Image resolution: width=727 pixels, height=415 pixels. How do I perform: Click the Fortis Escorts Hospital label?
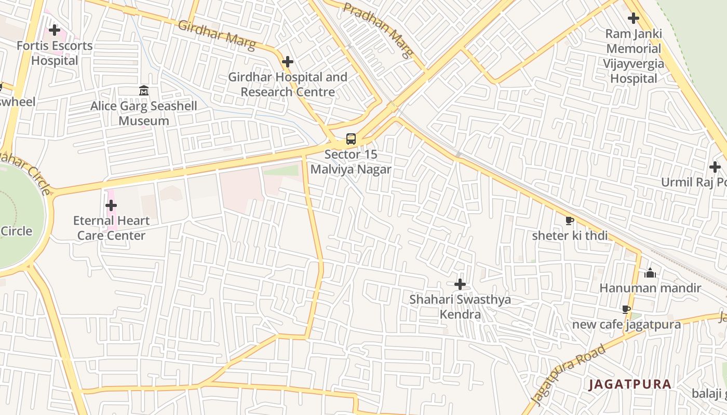pyautogui.click(x=55, y=53)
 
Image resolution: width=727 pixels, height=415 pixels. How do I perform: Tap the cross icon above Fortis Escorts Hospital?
pyautogui.click(x=55, y=30)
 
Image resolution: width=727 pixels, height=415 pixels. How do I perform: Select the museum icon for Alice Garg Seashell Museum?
pyautogui.click(x=144, y=91)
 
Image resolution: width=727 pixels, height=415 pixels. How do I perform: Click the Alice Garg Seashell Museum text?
pyautogui.click(x=144, y=114)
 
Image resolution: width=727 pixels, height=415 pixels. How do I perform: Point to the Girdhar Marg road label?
pyautogui.click(x=217, y=35)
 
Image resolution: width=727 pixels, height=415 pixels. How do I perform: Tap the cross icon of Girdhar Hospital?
pyautogui.click(x=288, y=62)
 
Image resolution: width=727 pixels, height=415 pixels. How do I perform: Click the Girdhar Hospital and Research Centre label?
pyautogui.click(x=288, y=85)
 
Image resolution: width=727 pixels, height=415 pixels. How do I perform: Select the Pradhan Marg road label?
pyautogui.click(x=379, y=30)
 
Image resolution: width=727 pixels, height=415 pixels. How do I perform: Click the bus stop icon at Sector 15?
pyautogui.click(x=351, y=139)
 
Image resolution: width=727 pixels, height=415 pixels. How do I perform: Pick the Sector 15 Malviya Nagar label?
pyautogui.click(x=351, y=162)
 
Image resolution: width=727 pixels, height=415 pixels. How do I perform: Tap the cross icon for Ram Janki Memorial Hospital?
pyautogui.click(x=634, y=19)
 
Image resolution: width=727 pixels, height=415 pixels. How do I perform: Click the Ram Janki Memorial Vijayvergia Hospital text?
pyautogui.click(x=634, y=56)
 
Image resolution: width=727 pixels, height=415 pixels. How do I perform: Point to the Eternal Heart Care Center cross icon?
pyautogui.click(x=111, y=205)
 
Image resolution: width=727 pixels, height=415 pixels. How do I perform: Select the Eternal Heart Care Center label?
pyautogui.click(x=111, y=228)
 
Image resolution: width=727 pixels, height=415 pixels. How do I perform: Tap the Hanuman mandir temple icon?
pyautogui.click(x=650, y=273)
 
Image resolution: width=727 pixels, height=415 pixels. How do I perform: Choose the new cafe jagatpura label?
pyautogui.click(x=626, y=325)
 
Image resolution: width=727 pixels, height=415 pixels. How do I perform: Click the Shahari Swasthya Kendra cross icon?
pyautogui.click(x=460, y=284)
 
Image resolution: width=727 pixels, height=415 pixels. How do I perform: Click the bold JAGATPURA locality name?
pyautogui.click(x=630, y=384)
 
